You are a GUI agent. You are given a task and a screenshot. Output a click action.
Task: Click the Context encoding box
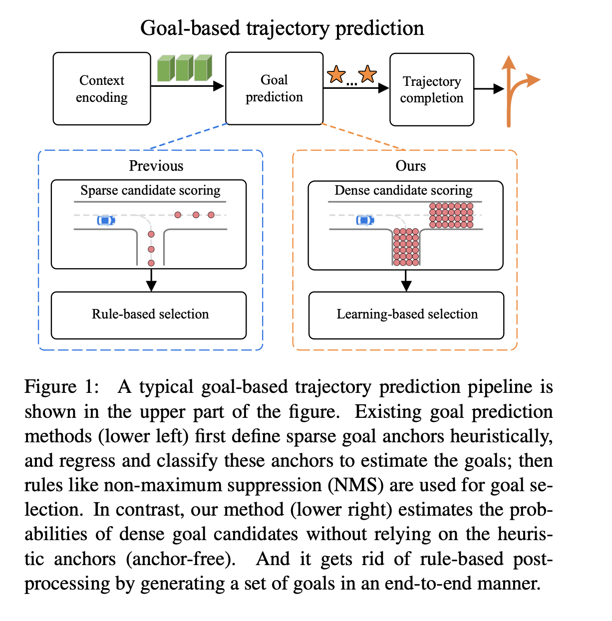tap(102, 89)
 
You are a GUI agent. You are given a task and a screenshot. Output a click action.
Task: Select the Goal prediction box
tap(274, 88)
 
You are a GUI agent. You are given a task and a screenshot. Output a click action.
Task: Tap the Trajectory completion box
tap(432, 90)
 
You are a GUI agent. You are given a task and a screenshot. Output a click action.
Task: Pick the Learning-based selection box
tap(406, 315)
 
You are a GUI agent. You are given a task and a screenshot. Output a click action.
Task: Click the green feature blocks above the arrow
tap(185, 68)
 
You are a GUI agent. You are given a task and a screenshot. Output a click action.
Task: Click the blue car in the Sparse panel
tap(106, 220)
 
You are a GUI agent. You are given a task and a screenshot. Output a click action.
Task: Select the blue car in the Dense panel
tap(365, 220)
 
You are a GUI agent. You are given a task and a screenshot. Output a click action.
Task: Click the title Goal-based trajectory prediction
tap(282, 28)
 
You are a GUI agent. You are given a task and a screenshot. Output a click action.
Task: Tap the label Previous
tap(156, 166)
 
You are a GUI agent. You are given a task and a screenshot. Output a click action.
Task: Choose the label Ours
tap(411, 166)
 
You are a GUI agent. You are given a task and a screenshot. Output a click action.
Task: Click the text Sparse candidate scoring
tap(150, 190)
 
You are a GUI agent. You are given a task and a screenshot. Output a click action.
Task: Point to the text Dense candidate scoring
tap(403, 190)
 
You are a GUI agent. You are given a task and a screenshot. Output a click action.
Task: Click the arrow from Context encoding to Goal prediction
tap(187, 86)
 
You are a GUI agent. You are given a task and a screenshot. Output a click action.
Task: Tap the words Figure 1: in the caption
tap(61, 387)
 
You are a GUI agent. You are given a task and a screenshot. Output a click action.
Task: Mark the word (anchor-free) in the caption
tap(181, 559)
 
